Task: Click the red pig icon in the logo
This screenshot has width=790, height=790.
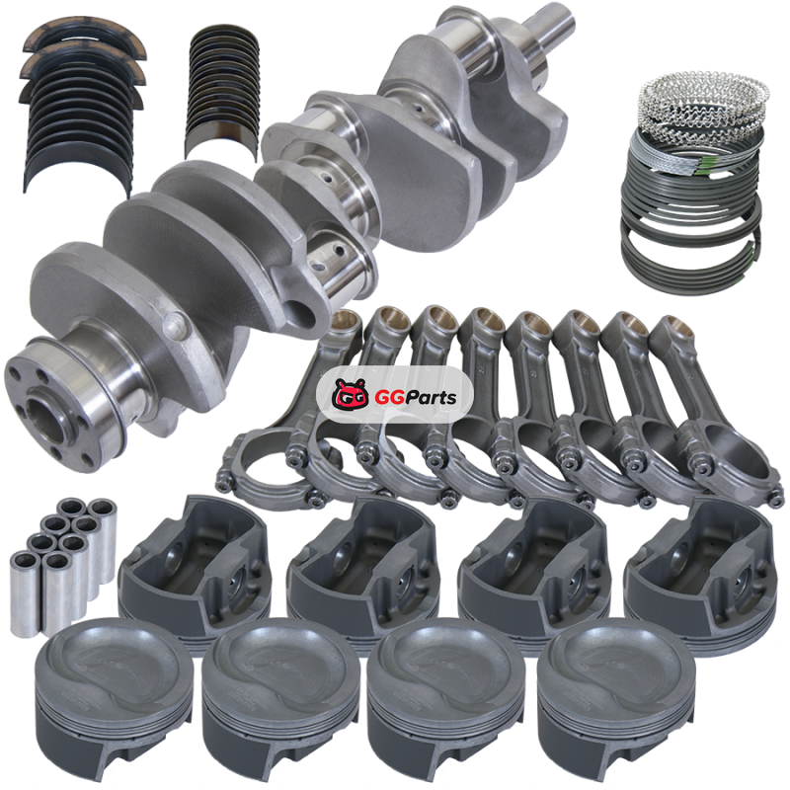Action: coord(351,393)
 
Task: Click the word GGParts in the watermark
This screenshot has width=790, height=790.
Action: coord(415,397)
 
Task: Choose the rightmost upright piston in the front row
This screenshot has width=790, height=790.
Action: coord(615,700)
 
